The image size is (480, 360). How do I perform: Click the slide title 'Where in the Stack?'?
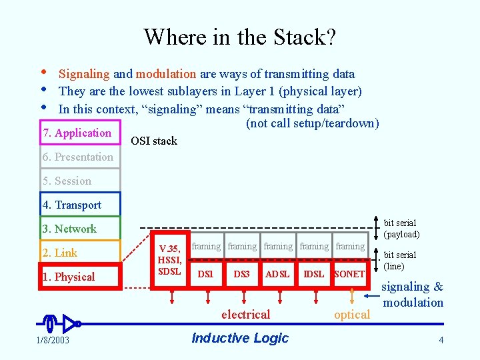point(239,37)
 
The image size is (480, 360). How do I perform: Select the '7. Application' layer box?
point(80,133)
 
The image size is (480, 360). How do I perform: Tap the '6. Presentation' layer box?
point(80,157)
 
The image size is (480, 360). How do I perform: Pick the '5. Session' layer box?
point(80,181)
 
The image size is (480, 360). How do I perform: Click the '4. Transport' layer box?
point(80,205)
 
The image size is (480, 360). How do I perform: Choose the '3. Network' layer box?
point(80,229)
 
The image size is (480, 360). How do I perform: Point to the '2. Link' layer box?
point(80,253)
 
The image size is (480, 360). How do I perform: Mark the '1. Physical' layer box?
point(80,277)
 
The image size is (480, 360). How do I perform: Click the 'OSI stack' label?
point(154,141)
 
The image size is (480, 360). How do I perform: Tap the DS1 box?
point(206,274)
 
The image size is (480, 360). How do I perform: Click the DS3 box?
point(241,274)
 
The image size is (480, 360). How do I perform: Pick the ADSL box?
point(277,274)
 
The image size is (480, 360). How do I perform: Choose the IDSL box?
point(313,274)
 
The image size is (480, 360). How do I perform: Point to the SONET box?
point(349,274)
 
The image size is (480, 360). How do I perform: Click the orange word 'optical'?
point(351,315)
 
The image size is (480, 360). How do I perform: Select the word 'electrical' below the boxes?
point(245,315)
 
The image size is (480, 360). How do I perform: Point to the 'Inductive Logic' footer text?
point(240,338)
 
